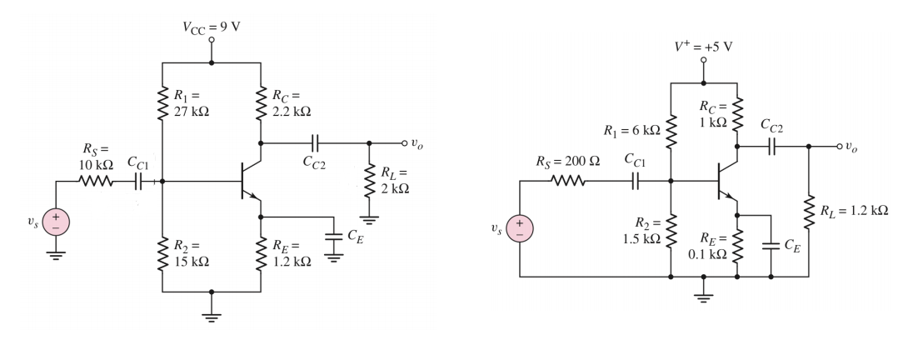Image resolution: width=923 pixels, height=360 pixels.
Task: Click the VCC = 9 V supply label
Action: click(212, 25)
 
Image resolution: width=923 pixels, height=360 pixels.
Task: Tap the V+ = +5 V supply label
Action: click(704, 46)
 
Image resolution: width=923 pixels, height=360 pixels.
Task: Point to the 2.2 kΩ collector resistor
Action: click(262, 103)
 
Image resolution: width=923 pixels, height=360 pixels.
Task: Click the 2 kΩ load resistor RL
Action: click(369, 182)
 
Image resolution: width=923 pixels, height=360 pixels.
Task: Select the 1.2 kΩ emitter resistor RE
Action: click(262, 252)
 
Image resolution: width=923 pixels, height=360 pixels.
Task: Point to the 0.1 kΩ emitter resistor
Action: click(738, 245)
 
